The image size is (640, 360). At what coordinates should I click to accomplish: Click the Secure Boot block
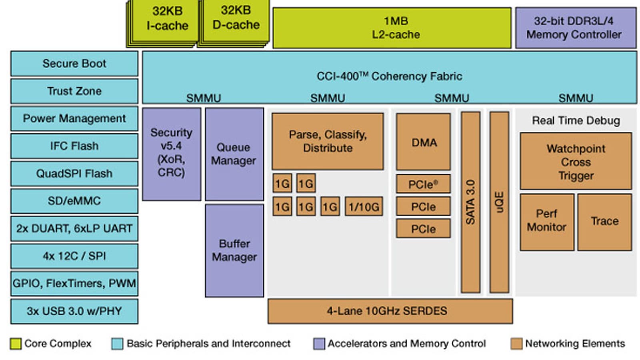pyautogui.click(x=74, y=64)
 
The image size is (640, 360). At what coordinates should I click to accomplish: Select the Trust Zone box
pyautogui.click(x=74, y=91)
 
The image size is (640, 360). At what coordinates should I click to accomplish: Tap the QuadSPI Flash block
pyautogui.click(x=74, y=174)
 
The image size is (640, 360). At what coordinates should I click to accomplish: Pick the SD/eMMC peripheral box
pyautogui.click(x=74, y=201)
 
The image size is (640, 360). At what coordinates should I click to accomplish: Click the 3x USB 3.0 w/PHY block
pyautogui.click(x=74, y=311)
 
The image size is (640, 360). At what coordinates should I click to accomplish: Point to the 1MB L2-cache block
pyautogui.click(x=392, y=28)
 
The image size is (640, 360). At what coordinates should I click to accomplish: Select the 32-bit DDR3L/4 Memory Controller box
pyautogui.click(x=576, y=28)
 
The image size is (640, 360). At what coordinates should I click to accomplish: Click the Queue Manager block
pyautogui.click(x=234, y=154)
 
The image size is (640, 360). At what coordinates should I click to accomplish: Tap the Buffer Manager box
pyautogui.click(x=234, y=250)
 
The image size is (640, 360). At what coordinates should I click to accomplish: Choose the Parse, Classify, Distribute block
pyautogui.click(x=328, y=141)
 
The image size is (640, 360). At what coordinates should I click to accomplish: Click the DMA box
pyautogui.click(x=424, y=142)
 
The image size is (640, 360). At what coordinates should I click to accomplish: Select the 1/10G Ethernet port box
pyautogui.click(x=364, y=206)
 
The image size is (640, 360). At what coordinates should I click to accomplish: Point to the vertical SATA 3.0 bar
pyautogui.click(x=470, y=202)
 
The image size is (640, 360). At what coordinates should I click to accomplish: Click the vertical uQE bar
pyautogui.click(x=499, y=202)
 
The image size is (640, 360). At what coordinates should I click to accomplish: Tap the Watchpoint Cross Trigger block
pyautogui.click(x=576, y=161)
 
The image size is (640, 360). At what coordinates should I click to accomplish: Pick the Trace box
pyautogui.click(x=604, y=222)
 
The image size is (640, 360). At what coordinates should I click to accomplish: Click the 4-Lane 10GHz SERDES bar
pyautogui.click(x=390, y=311)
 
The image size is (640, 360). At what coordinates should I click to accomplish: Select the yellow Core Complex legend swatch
pyautogui.click(x=16, y=344)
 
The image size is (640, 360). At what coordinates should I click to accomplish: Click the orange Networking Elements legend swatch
pyautogui.click(x=516, y=344)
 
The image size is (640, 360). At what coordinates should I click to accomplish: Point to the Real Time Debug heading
pyautogui.click(x=576, y=121)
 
